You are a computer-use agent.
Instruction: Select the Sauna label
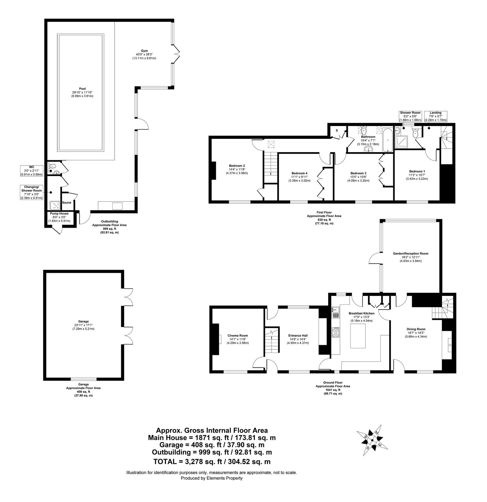[x=67, y=202]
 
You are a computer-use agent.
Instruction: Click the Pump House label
[x=60, y=214]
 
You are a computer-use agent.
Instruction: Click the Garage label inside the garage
[x=83, y=321]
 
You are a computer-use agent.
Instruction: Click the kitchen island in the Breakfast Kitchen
[x=358, y=336]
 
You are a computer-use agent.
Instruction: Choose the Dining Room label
[x=416, y=329]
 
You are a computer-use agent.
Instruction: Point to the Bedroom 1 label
[x=417, y=171]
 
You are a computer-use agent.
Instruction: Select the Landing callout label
[x=436, y=113]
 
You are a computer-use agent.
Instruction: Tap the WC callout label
[x=32, y=167]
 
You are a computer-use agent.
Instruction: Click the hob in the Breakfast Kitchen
[x=336, y=332]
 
